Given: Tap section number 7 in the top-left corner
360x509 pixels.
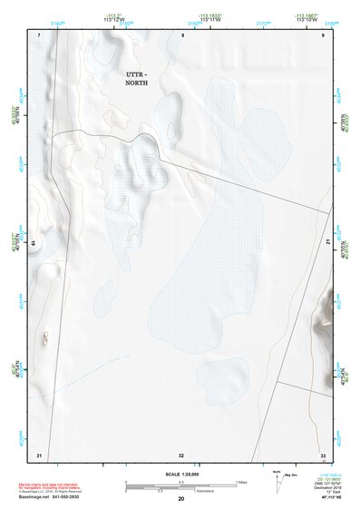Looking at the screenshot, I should pyautogui.click(x=40, y=34).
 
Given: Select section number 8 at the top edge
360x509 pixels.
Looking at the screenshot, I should pyautogui.click(x=181, y=34).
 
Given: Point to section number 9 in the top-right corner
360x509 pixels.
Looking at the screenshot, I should pyautogui.click(x=323, y=34).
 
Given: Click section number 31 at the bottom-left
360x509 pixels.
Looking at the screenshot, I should pyautogui.click(x=39, y=454).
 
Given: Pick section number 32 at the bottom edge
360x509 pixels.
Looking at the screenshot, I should pyautogui.click(x=181, y=455).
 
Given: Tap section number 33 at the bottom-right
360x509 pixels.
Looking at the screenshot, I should pyautogui.click(x=323, y=455).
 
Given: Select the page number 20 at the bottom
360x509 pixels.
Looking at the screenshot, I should pyautogui.click(x=180, y=499).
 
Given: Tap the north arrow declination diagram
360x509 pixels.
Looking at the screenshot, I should pyautogui.click(x=280, y=482).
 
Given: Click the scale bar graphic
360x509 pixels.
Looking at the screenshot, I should pyautogui.click(x=180, y=485).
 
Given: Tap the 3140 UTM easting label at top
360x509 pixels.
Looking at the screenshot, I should pyautogui.click(x=58, y=24).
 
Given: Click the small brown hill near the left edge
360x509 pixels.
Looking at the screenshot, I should pyautogui.click(x=43, y=338).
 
